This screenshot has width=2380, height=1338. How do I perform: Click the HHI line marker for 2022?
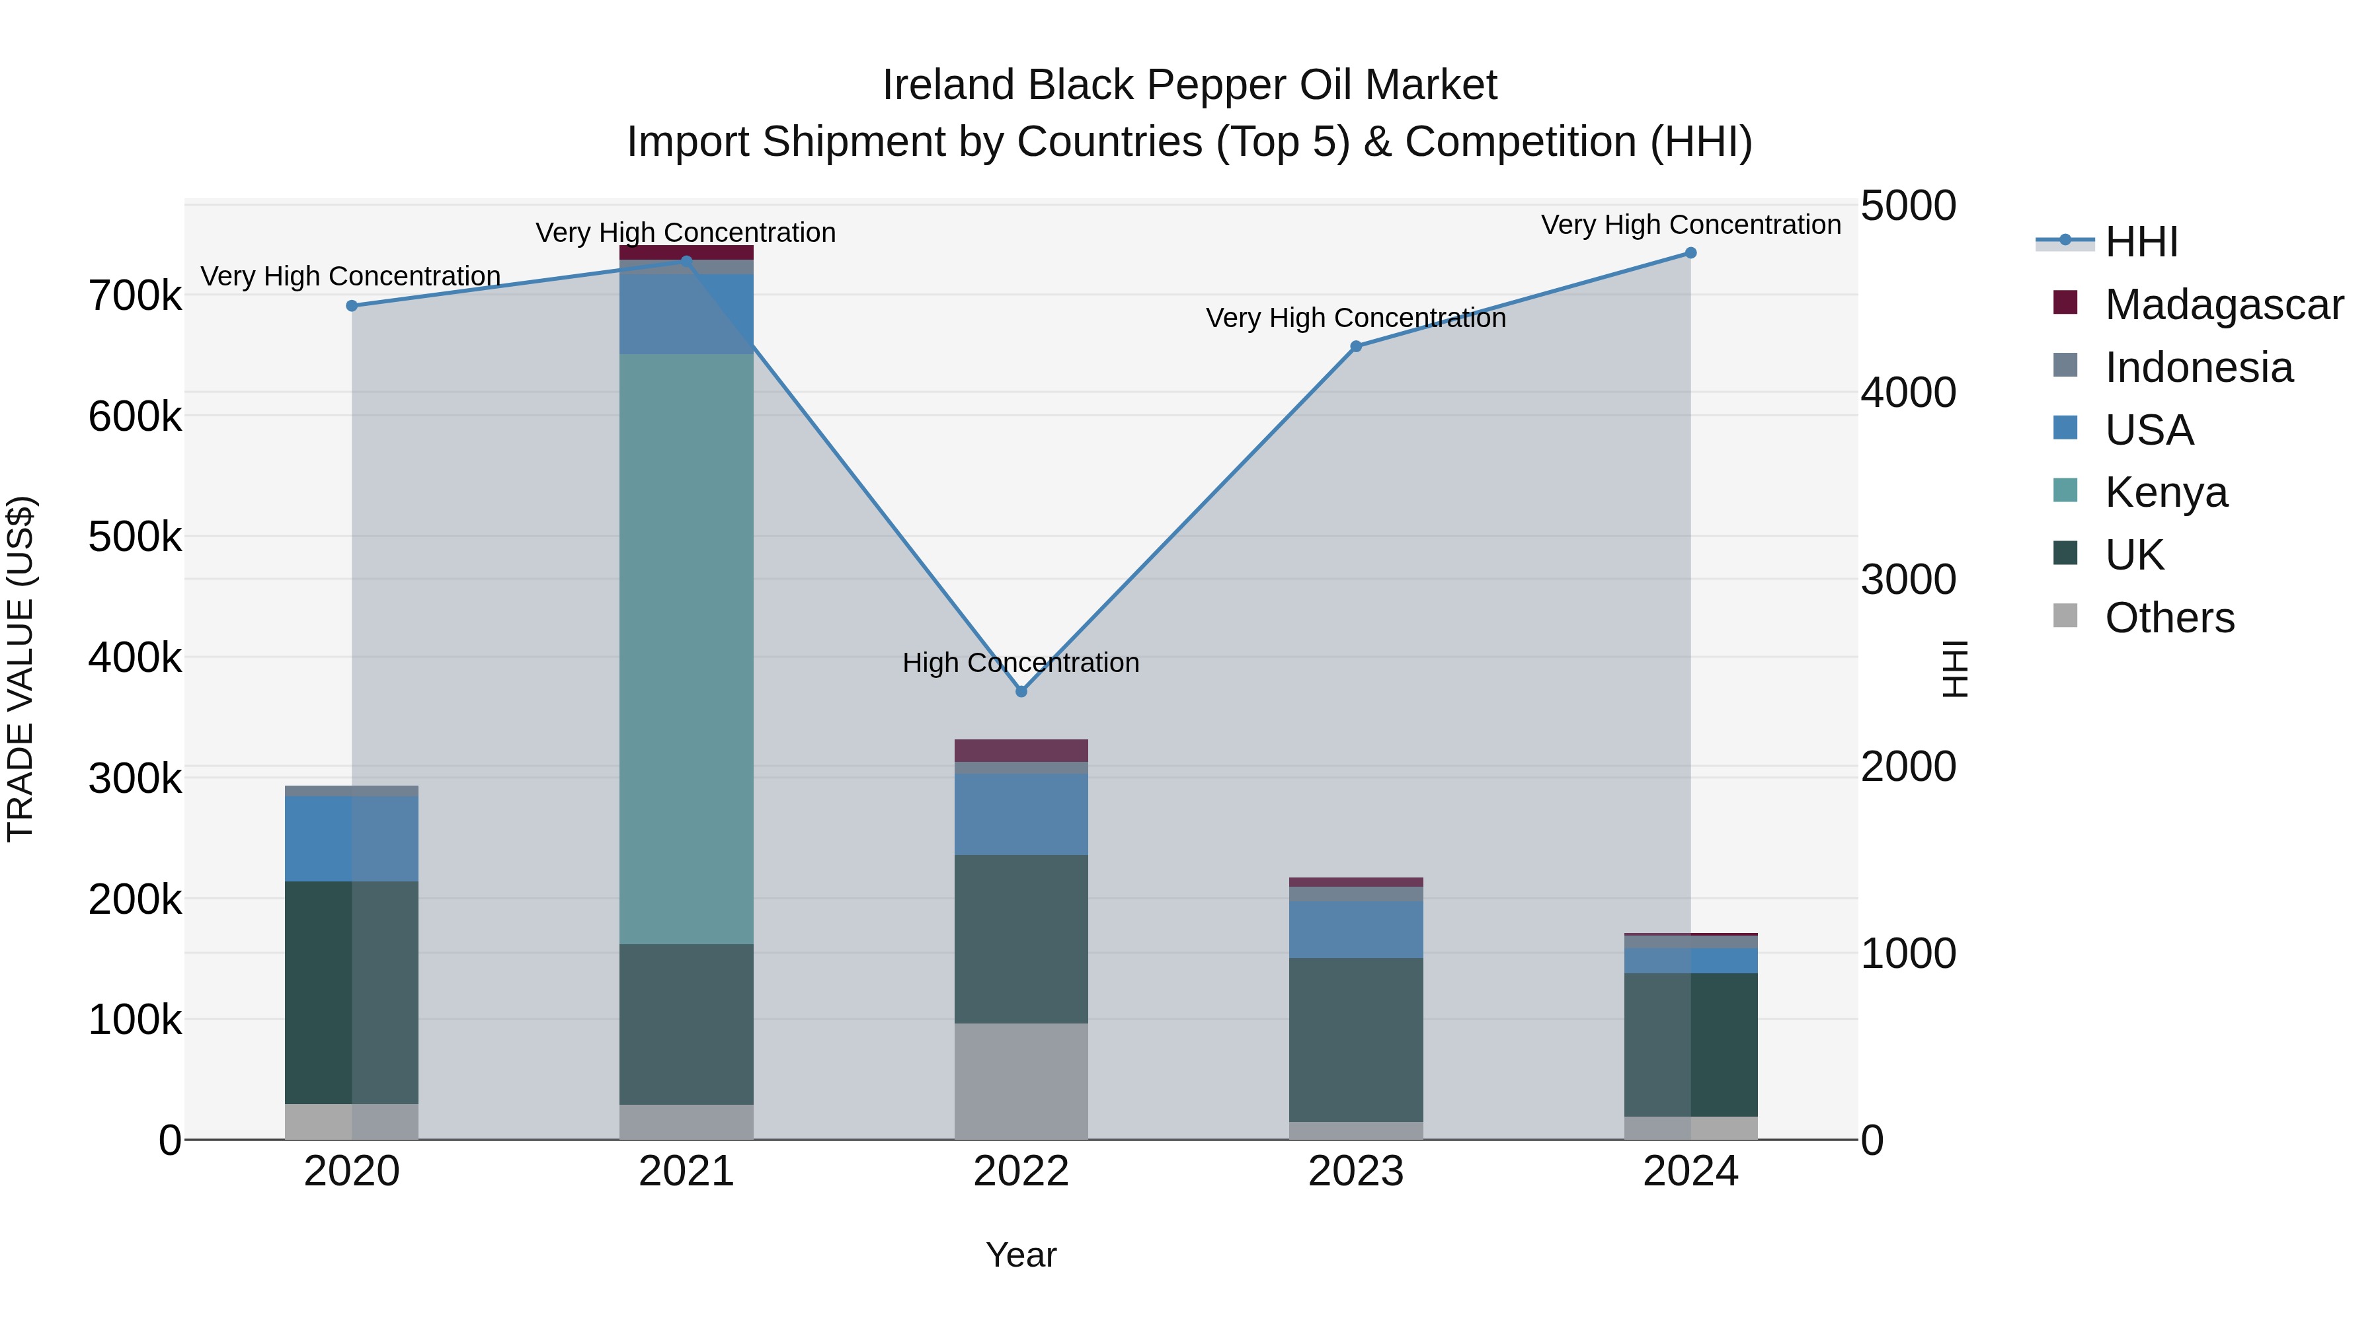(1021, 692)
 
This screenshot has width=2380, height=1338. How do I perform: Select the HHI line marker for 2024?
(1690, 253)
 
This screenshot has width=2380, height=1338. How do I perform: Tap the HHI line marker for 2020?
(352, 306)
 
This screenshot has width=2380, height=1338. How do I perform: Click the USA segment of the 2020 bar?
(352, 838)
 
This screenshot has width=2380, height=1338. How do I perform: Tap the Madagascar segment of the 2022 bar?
(1021, 751)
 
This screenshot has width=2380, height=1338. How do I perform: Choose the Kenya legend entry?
(2166, 492)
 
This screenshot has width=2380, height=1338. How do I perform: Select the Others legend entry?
(2168, 618)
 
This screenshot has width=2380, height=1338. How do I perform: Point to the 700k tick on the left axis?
(135, 297)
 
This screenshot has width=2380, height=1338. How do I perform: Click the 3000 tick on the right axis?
(1908, 580)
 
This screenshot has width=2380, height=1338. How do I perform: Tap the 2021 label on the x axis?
(686, 1171)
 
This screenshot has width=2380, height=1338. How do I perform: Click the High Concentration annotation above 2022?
(1021, 663)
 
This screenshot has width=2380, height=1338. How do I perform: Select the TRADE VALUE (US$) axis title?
(20, 669)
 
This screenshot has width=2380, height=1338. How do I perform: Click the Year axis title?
(1021, 1255)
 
